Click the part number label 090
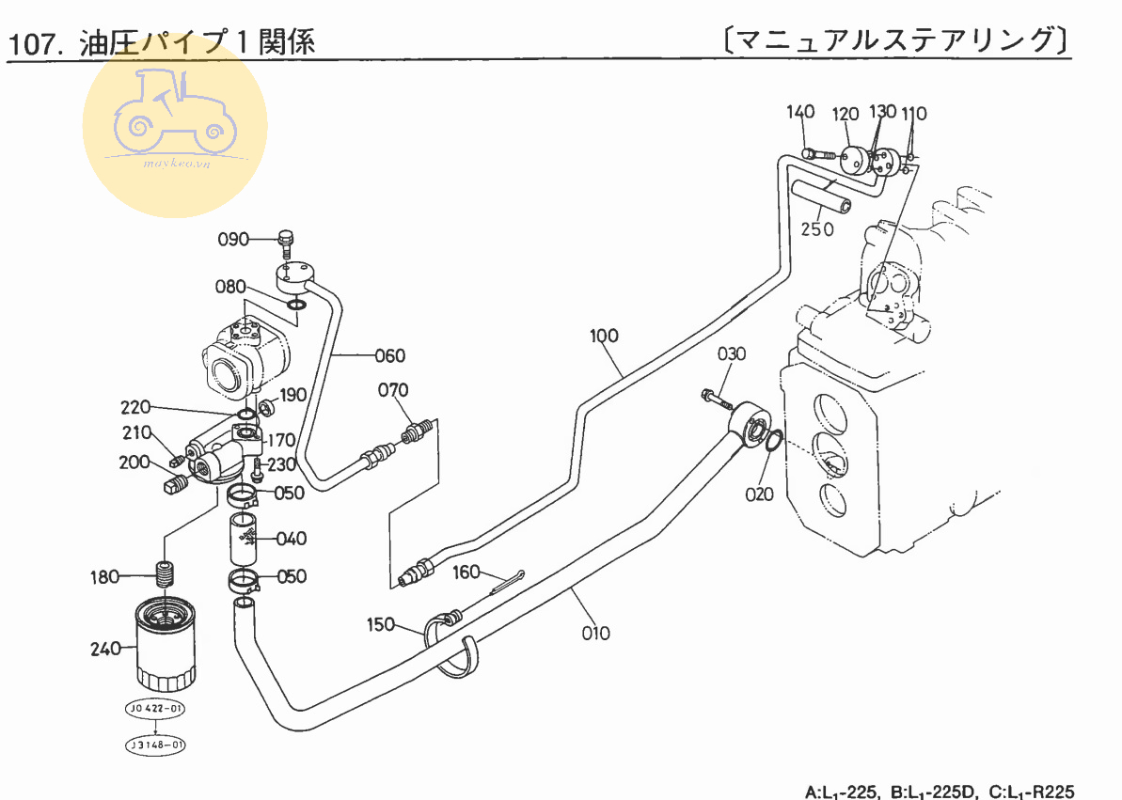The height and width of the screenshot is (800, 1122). pyautogui.click(x=232, y=239)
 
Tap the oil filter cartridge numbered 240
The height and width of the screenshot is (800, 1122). pyautogui.click(x=166, y=648)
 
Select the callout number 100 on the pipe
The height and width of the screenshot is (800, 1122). pyautogui.click(x=605, y=335)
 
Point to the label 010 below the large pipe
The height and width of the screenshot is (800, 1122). pyautogui.click(x=595, y=633)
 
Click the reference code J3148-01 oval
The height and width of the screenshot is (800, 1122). pyautogui.click(x=155, y=745)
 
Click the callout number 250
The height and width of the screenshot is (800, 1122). pyautogui.click(x=817, y=229)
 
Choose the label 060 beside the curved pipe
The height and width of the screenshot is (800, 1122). pyautogui.click(x=389, y=355)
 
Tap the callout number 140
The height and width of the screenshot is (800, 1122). pyautogui.click(x=800, y=113)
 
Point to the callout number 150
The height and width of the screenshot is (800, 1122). pyautogui.click(x=381, y=623)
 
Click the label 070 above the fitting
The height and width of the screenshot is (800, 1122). pyautogui.click(x=393, y=389)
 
